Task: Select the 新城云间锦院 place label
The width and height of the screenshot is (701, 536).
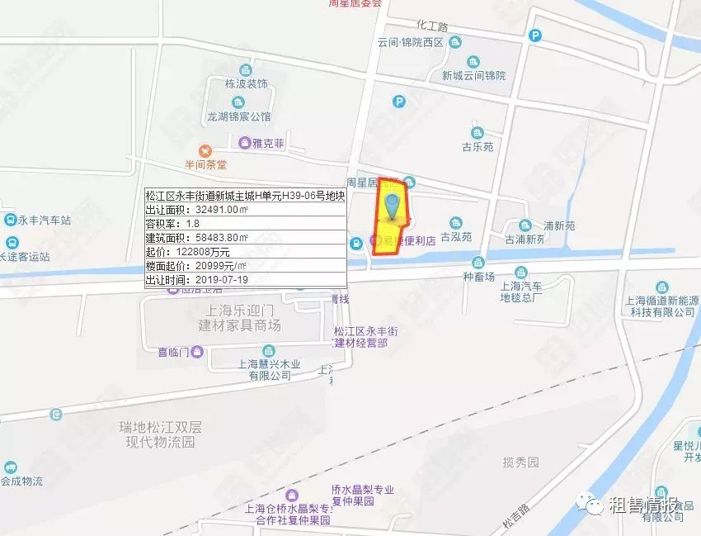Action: coord(473,75)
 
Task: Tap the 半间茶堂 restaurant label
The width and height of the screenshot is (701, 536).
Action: coord(205,164)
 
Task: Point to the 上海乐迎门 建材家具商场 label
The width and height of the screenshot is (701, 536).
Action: coord(239,318)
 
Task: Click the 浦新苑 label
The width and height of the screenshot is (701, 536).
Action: coord(558,225)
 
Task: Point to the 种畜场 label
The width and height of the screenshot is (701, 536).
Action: coord(478,277)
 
